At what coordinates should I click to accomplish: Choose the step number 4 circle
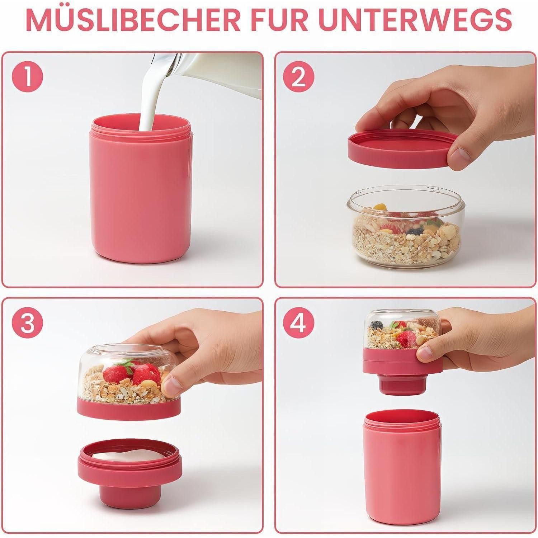tap(298, 323)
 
